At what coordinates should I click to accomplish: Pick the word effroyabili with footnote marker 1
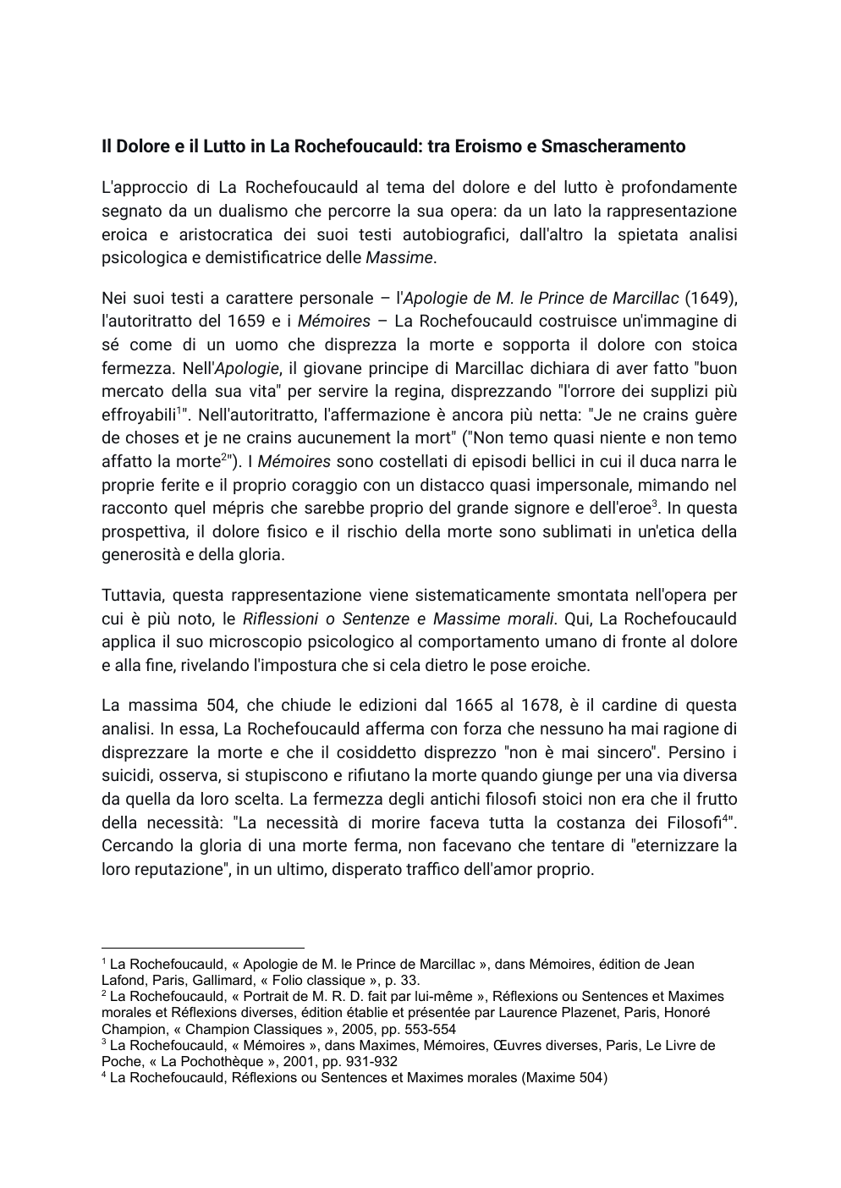[x=139, y=415]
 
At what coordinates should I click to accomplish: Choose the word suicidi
[x=129, y=776]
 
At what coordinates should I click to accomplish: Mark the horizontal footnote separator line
[x=202, y=949]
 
